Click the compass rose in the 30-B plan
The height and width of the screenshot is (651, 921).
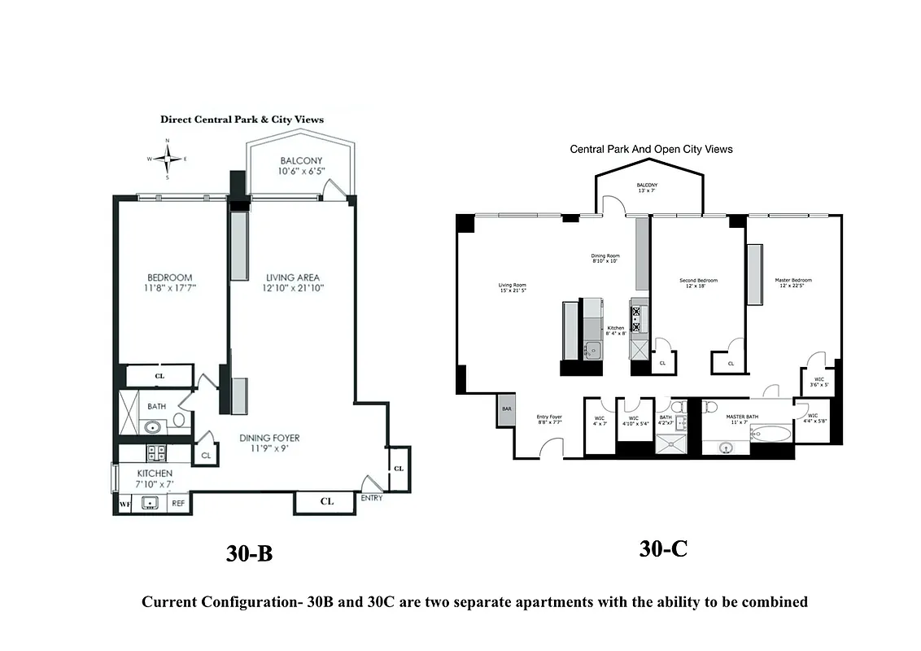click(x=168, y=159)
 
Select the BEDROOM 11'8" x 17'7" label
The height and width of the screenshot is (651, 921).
click(x=170, y=282)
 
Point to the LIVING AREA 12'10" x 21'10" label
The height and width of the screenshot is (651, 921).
click(x=294, y=282)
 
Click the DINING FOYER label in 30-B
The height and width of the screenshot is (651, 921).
click(x=276, y=443)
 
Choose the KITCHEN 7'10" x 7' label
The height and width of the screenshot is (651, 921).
click(x=155, y=478)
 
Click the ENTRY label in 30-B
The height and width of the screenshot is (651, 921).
click(x=372, y=498)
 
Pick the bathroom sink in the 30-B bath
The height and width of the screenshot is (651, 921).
click(x=151, y=426)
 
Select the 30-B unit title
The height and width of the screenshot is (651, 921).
click(x=249, y=554)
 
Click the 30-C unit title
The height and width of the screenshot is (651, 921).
click(x=663, y=549)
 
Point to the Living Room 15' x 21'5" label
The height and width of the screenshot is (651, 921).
click(x=513, y=289)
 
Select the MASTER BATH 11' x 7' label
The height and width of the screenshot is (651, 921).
click(x=741, y=419)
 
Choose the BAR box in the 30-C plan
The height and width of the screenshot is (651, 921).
click(x=506, y=409)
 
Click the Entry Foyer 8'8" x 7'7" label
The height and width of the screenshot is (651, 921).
click(x=549, y=420)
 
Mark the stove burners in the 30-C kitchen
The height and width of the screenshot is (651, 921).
click(x=636, y=319)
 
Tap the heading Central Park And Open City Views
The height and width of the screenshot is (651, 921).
click(x=651, y=149)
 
